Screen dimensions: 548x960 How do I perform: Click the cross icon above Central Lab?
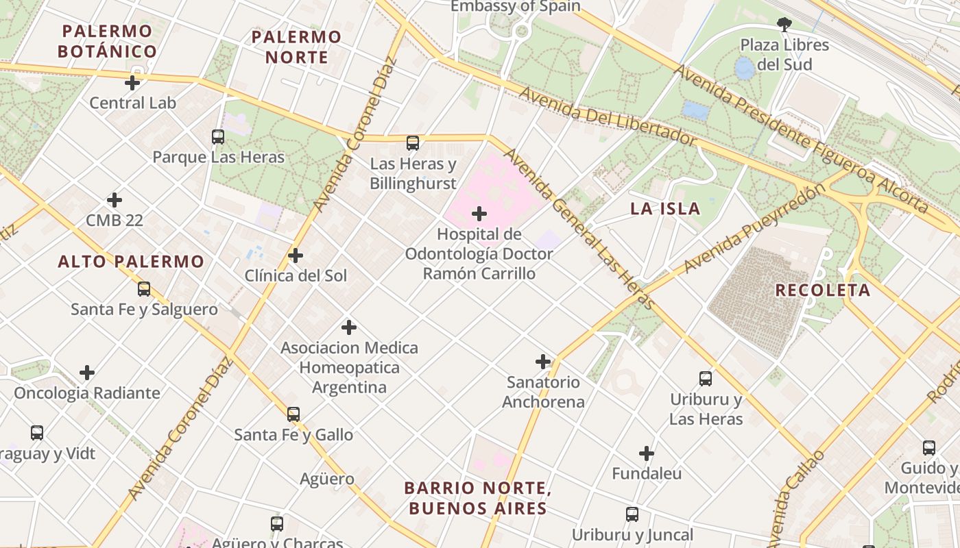[132, 84]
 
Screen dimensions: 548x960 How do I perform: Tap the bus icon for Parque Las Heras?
[218, 137]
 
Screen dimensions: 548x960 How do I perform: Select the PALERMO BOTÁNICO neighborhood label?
[107, 41]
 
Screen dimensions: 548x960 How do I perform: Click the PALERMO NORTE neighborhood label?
[296, 47]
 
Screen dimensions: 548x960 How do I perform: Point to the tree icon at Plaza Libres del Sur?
[784, 25]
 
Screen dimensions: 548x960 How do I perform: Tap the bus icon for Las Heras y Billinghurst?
[413, 143]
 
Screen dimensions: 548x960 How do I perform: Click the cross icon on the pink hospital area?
[479, 214]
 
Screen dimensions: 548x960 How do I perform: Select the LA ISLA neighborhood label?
[665, 209]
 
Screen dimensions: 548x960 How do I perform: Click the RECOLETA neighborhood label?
[823, 290]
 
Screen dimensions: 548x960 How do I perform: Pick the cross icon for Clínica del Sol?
[296, 256]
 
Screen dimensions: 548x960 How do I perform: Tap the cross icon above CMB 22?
[115, 200]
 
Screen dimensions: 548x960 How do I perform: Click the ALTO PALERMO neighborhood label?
[131, 261]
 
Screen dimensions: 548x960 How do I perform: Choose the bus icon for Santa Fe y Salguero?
[144, 289]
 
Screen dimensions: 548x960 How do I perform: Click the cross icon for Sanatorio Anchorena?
[543, 362]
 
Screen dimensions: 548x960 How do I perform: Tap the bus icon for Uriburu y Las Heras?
[706, 379]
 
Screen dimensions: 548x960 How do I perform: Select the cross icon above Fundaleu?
[647, 453]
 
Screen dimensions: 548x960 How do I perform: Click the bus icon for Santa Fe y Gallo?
[293, 414]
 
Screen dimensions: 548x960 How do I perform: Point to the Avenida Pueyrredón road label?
[750, 229]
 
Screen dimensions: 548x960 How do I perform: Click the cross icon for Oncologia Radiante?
[87, 373]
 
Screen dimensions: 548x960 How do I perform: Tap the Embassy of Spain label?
[515, 7]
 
